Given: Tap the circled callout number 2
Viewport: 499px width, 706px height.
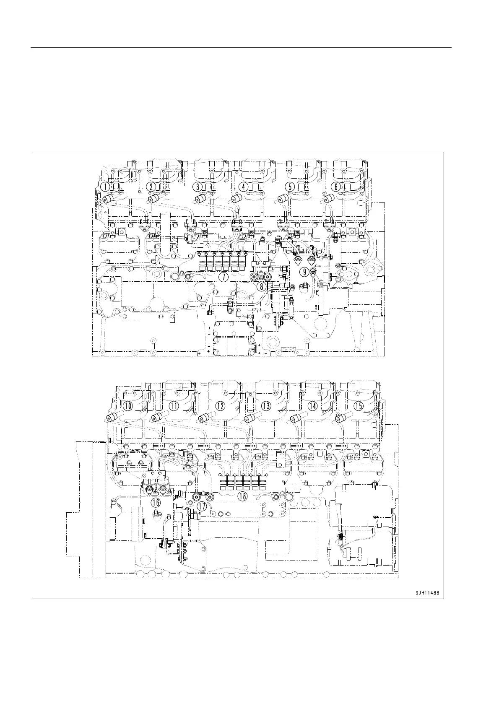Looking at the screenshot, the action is [x=152, y=187].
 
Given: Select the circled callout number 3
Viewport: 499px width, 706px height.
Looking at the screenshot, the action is [x=198, y=187].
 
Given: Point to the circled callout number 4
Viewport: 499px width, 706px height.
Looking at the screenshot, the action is [x=244, y=187].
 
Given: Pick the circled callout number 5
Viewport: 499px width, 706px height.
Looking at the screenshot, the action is [x=290, y=187].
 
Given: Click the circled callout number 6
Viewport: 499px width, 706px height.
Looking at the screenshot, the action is [x=336, y=187].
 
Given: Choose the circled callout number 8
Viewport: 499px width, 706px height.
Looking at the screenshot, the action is [x=262, y=287].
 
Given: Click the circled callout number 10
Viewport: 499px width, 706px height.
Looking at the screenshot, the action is [x=128, y=406].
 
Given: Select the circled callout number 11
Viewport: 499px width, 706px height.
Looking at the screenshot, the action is [x=174, y=406].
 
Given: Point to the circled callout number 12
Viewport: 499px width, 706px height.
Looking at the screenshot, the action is [x=220, y=406].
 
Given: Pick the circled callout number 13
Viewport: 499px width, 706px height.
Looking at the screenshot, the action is [x=266, y=406].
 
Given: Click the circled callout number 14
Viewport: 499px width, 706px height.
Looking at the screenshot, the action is [x=312, y=406].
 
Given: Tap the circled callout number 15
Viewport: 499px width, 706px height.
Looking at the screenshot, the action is [x=359, y=406].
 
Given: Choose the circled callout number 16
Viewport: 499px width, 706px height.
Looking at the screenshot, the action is [x=156, y=502].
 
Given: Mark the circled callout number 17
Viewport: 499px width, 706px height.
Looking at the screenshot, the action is [x=202, y=506].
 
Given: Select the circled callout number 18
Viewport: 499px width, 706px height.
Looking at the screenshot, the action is [x=242, y=496].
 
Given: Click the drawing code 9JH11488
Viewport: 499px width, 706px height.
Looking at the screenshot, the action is [x=427, y=593].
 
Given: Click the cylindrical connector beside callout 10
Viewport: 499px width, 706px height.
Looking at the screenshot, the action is [x=112, y=418].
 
